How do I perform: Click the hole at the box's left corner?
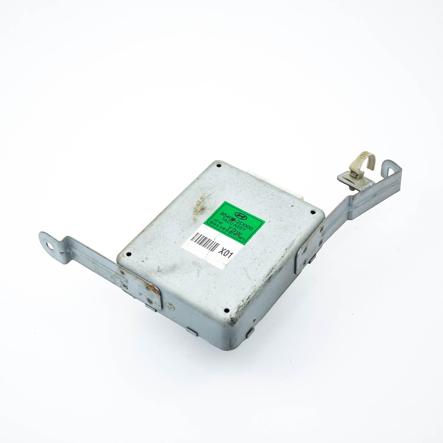[x=129, y=254]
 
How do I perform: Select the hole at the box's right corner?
[x=314, y=213]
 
